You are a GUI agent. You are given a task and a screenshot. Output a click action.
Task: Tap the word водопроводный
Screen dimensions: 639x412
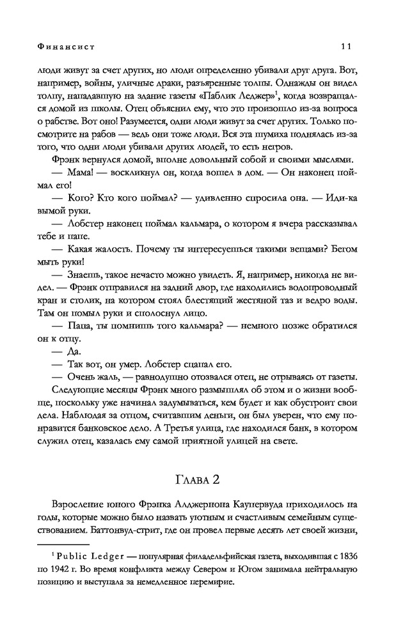pos(323,289)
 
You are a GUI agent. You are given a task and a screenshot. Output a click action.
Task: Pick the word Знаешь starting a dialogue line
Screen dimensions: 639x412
pos(90,275)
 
